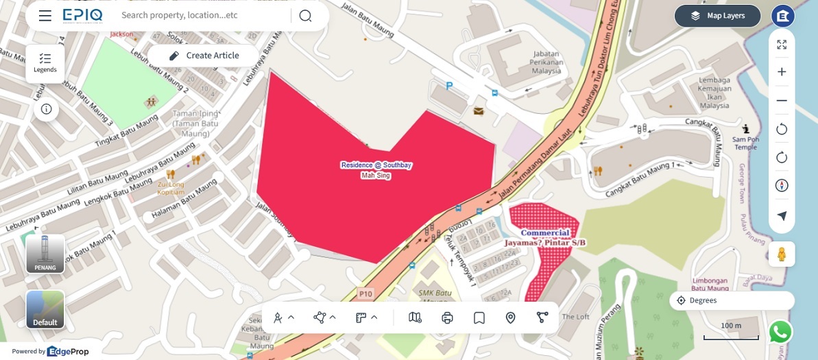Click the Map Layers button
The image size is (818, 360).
click(717, 16)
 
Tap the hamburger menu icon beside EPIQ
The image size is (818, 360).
click(45, 16)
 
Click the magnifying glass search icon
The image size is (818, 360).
click(305, 16)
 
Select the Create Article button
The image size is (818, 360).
click(204, 56)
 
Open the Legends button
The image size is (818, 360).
click(45, 63)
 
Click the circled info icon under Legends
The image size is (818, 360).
click(46, 109)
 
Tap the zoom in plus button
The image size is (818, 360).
click(782, 72)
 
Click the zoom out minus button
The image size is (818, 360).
click(782, 101)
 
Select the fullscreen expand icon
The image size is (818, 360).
click(782, 45)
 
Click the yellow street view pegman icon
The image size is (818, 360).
click(782, 254)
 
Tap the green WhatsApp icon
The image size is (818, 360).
click(780, 332)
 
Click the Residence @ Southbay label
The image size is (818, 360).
click(376, 165)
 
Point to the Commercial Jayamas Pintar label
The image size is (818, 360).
click(546, 238)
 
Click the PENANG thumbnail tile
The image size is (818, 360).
click(45, 254)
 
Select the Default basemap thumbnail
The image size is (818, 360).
click(45, 309)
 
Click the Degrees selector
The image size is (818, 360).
click(731, 300)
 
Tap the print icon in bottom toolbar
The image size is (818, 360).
click(448, 317)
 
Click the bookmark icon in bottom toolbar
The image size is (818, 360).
click(479, 317)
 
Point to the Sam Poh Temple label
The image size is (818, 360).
click(745, 143)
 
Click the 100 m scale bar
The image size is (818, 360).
click(731, 334)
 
